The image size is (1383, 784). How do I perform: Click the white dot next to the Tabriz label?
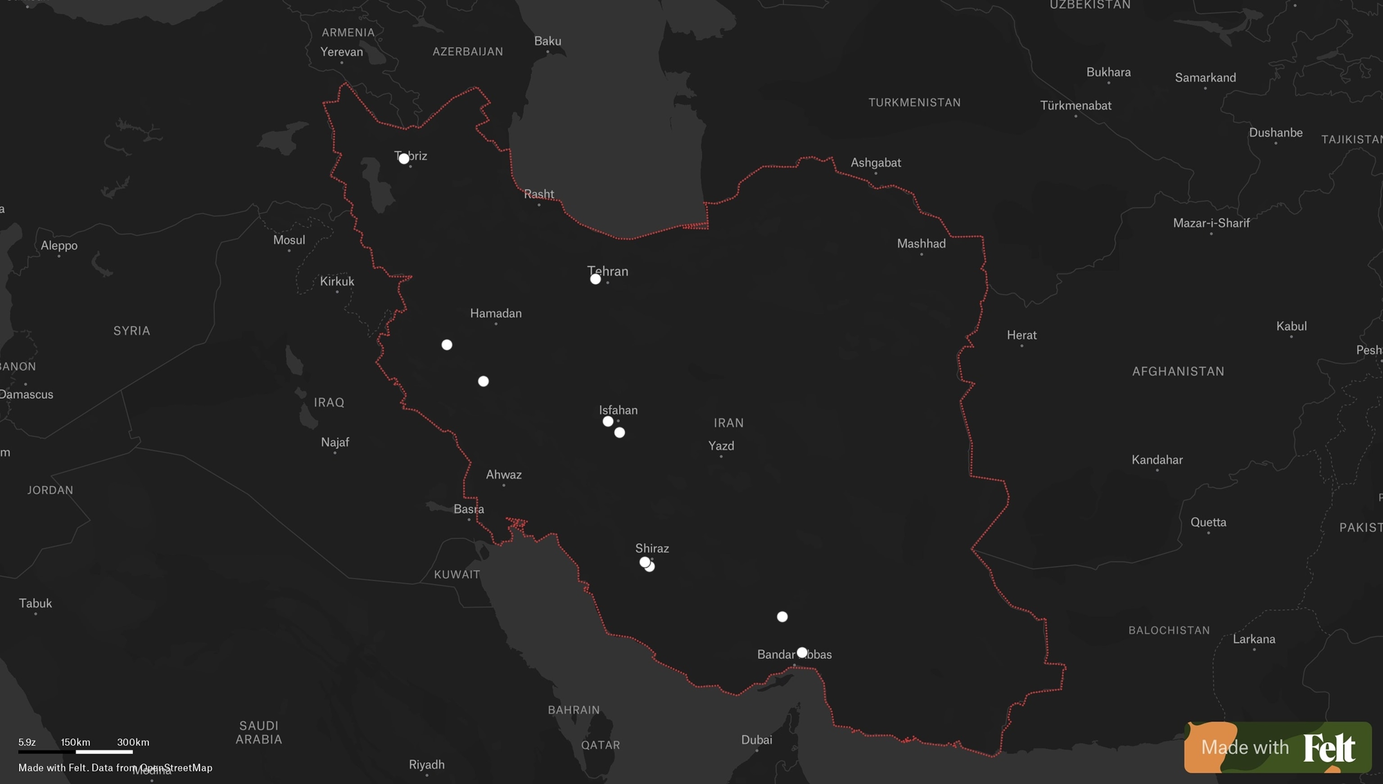point(404,158)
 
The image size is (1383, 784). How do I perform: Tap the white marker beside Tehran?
point(595,279)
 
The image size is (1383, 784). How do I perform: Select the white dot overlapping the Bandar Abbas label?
point(802,653)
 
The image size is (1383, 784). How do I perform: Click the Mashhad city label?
point(921,243)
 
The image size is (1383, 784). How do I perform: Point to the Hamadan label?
point(496,313)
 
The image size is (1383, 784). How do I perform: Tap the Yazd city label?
point(721,446)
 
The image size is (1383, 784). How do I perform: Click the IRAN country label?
point(729,423)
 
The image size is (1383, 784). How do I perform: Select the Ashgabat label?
point(876,162)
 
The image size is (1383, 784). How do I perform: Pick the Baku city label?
point(548,41)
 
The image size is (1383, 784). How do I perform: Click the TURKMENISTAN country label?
point(914,102)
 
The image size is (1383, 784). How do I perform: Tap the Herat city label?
point(1021,335)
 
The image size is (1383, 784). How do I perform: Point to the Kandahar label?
point(1157,460)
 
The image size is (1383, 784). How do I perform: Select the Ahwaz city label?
point(504,474)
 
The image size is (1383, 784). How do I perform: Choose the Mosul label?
point(289,240)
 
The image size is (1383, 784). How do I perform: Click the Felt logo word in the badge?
point(1329,748)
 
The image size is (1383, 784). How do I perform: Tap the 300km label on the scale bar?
point(133,742)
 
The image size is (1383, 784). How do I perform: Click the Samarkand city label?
point(1205,77)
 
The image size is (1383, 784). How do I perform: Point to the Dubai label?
point(757,740)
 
